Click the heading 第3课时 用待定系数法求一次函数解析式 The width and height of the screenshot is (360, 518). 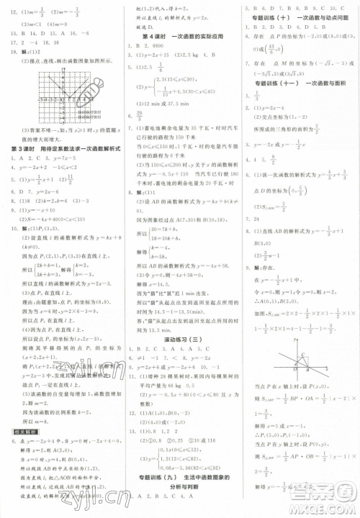click(60, 147)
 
